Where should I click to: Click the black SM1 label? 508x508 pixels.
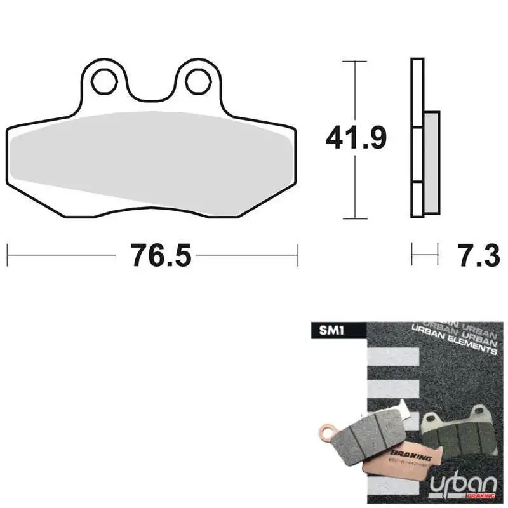click(335, 331)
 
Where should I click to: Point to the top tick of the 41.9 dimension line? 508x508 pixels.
click(356, 61)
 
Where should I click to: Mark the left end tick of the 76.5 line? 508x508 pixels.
click(8, 256)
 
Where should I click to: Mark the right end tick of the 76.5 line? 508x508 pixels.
click(297, 256)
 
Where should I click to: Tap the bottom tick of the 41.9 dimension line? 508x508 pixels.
click(356, 218)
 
